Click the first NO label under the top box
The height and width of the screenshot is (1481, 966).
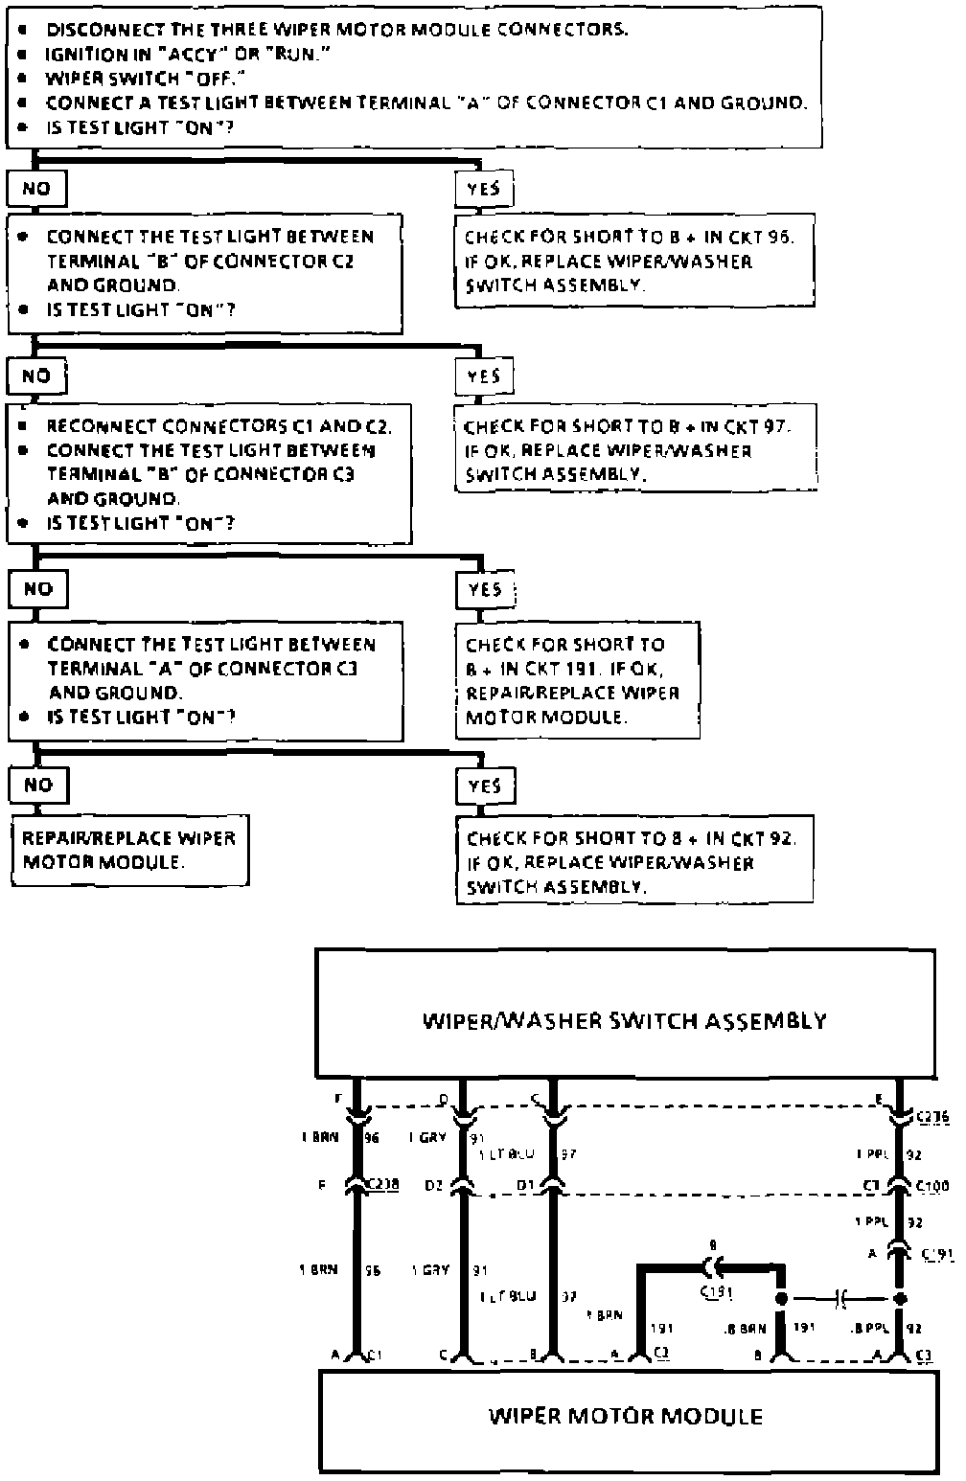(x=36, y=189)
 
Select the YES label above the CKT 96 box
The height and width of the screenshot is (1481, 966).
(x=483, y=189)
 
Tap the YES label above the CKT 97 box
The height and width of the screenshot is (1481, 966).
(x=483, y=376)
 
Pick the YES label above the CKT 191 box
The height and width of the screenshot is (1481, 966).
(x=485, y=589)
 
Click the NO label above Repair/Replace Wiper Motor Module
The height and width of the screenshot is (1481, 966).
(x=38, y=785)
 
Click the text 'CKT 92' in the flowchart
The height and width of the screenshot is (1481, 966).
(x=763, y=839)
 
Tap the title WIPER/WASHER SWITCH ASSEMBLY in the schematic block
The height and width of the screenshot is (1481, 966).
(x=624, y=1020)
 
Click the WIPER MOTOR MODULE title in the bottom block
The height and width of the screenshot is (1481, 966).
(x=626, y=1416)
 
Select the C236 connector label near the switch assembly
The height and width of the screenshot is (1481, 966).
(x=932, y=1115)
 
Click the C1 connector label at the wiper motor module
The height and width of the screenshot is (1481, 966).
(x=377, y=1356)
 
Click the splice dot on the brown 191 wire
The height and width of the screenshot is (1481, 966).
(x=782, y=1300)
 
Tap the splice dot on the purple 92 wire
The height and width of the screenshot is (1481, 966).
(x=899, y=1300)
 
